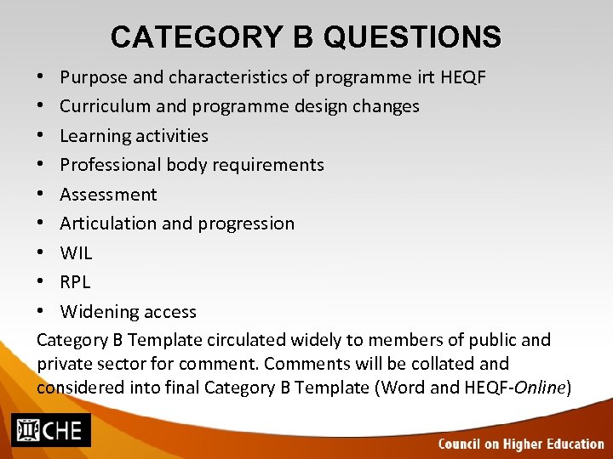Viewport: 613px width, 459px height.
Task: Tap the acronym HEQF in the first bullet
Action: coord(463,77)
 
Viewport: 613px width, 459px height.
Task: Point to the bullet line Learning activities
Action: coord(134,136)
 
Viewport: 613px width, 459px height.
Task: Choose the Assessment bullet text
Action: coord(108,195)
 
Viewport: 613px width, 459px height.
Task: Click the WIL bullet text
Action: coord(76,253)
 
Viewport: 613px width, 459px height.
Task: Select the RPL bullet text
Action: coord(75,282)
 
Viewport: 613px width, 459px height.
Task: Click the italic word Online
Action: coord(539,388)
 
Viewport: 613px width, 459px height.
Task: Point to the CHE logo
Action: coord(51,430)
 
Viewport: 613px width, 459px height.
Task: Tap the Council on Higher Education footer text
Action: coord(521,444)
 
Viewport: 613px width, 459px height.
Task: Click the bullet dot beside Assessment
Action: coord(42,195)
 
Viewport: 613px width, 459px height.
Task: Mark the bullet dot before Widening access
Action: coord(42,312)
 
